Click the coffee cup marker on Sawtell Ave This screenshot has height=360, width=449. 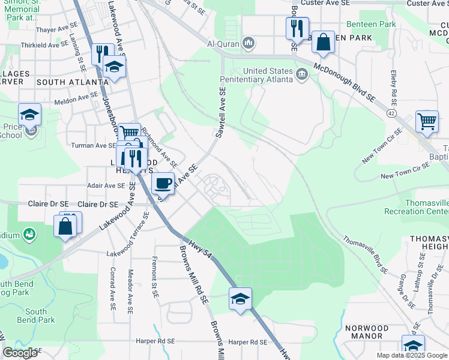coord(164,182)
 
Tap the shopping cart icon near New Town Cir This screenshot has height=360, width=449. coord(426,121)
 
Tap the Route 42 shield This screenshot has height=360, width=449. coord(392,112)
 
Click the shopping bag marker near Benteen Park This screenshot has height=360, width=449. coord(323,42)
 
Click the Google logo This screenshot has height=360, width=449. coord(20,353)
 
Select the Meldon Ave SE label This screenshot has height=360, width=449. coord(76,96)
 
